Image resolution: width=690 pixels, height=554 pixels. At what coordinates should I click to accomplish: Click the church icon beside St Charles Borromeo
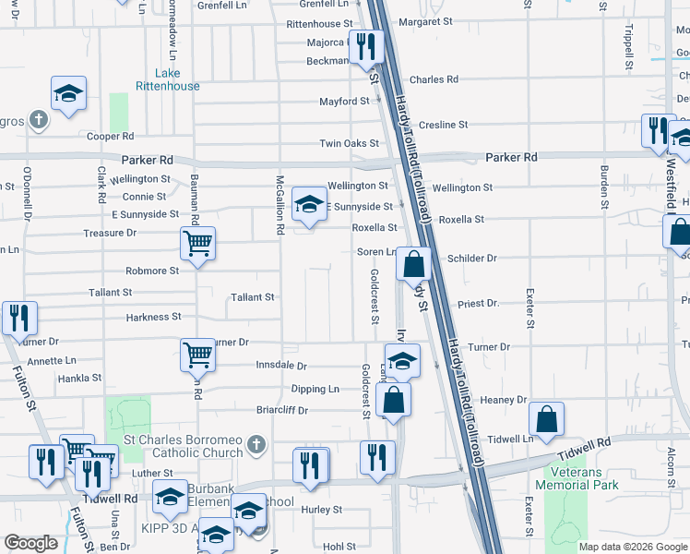tap(257, 445)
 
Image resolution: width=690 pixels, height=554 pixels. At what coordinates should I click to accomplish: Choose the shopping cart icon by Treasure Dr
tap(198, 245)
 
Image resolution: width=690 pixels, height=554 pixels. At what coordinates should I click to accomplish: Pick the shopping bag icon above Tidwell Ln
tap(547, 419)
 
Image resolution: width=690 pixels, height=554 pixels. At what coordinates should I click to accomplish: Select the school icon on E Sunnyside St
tap(309, 204)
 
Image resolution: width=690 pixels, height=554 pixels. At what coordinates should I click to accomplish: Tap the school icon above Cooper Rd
tap(68, 93)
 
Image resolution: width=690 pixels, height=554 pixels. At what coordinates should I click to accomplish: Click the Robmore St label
tap(153, 271)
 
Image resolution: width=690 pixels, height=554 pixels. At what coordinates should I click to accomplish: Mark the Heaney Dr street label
tap(503, 400)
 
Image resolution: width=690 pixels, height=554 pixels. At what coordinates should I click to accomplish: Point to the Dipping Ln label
tap(315, 389)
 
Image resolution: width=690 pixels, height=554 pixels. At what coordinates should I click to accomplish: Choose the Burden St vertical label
tap(604, 185)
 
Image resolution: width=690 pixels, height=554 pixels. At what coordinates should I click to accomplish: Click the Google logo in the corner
tap(31, 543)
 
